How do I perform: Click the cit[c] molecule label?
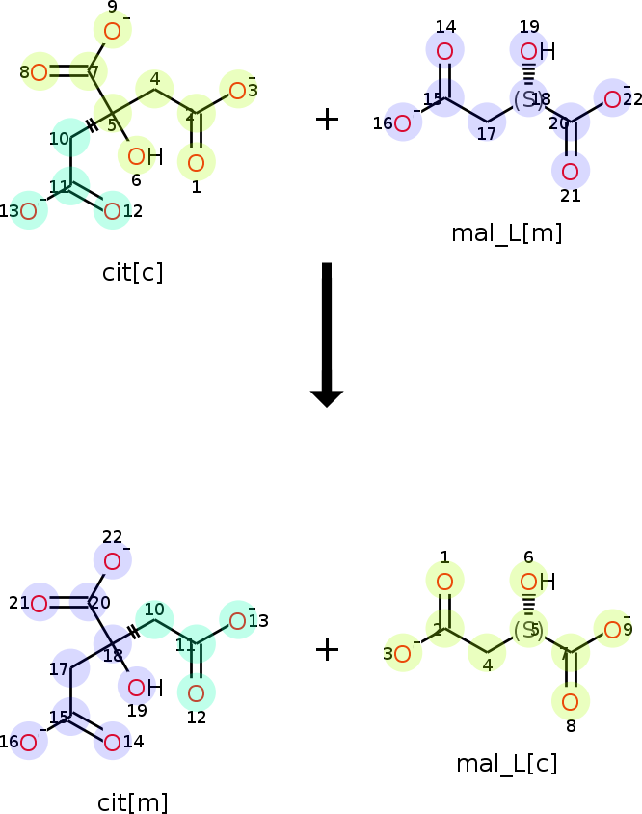click(x=132, y=272)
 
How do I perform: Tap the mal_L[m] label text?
click(x=506, y=232)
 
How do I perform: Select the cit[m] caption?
click(x=132, y=801)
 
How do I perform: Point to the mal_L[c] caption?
click(x=506, y=764)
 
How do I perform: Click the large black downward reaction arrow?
click(x=327, y=334)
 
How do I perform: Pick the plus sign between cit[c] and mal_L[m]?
click(x=327, y=120)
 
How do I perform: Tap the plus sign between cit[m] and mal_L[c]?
click(x=327, y=649)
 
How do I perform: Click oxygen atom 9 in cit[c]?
click(x=113, y=31)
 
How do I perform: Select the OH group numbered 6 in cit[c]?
click(x=141, y=156)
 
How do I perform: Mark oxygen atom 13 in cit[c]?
click(x=29, y=211)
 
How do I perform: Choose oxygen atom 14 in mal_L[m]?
click(x=444, y=50)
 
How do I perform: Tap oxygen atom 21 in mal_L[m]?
click(x=571, y=172)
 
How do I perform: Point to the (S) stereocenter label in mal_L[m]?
click(x=527, y=99)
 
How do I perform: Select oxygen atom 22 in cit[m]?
click(x=113, y=561)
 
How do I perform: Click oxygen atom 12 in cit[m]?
click(x=196, y=692)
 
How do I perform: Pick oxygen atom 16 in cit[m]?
click(x=29, y=742)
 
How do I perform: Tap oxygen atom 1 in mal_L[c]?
click(x=444, y=581)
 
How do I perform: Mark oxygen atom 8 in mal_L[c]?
click(x=571, y=701)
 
